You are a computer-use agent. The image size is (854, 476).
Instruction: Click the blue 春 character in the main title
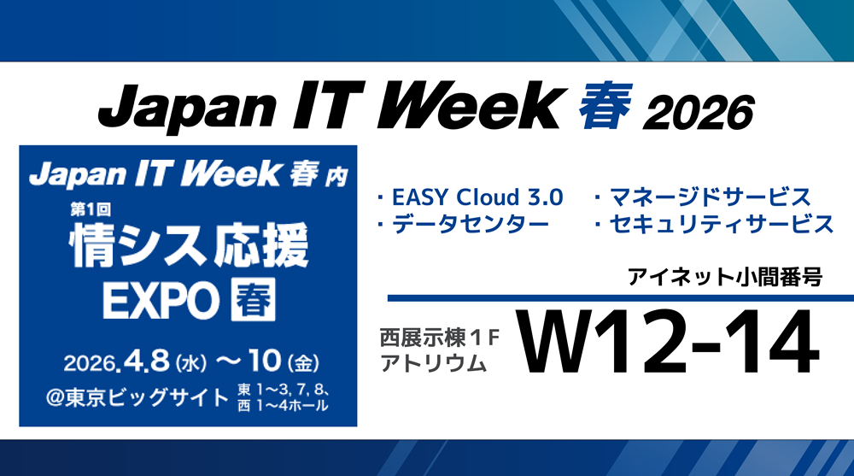click(x=605, y=105)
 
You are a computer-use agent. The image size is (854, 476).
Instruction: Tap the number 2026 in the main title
click(x=699, y=112)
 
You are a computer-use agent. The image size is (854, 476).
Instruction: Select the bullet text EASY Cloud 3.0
click(x=477, y=197)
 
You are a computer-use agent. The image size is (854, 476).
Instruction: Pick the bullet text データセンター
click(x=471, y=224)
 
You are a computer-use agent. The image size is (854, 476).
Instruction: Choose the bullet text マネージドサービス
click(x=711, y=197)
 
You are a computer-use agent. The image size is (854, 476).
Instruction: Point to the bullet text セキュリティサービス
click(x=722, y=224)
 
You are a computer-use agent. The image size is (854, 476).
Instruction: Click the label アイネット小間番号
click(x=724, y=277)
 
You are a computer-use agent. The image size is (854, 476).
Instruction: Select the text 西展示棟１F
click(x=440, y=338)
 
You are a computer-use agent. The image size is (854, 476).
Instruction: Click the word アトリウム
click(x=433, y=363)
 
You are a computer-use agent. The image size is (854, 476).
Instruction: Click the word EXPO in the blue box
click(x=161, y=301)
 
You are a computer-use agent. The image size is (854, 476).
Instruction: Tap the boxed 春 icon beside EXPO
click(x=254, y=299)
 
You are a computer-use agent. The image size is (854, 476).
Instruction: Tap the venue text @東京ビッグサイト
click(x=137, y=397)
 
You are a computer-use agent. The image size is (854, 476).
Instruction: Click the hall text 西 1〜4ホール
click(x=283, y=406)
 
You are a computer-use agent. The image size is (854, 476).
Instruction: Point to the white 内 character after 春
click(x=336, y=178)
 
